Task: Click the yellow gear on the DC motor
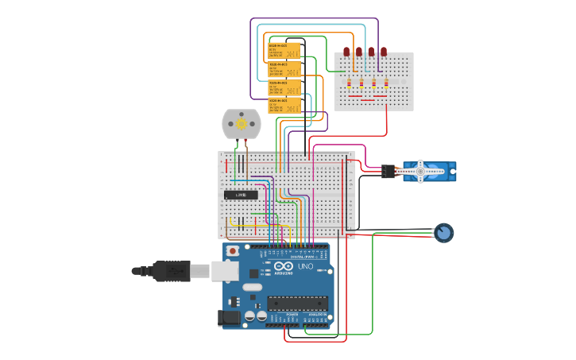coord(241,124)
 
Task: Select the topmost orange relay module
coord(284,51)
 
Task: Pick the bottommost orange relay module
coord(284,105)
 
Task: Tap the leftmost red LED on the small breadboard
coord(346,52)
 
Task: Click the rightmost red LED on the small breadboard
coord(384,52)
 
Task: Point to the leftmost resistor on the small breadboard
coord(349,83)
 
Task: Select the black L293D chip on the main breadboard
coord(240,195)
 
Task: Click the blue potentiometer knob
coord(443,233)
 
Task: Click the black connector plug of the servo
coord(388,171)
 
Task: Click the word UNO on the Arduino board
coord(306,266)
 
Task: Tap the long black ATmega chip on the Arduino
coord(297,302)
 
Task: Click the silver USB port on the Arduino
coord(225,271)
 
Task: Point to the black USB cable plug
coord(171,271)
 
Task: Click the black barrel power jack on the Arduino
coord(230,317)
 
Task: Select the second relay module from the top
coord(284,69)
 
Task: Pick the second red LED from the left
coord(359,52)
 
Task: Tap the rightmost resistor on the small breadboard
coord(386,83)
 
